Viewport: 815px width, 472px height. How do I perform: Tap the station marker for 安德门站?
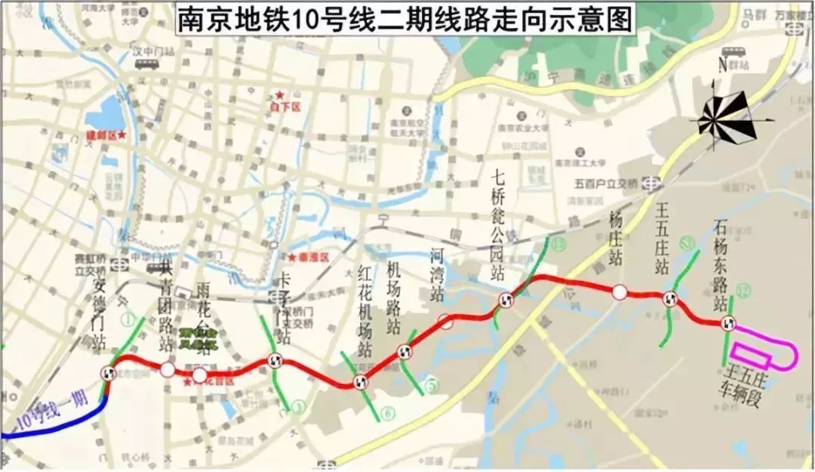click(109, 372)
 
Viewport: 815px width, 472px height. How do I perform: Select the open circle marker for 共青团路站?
click(167, 369)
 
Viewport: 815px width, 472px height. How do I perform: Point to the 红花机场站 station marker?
click(360, 382)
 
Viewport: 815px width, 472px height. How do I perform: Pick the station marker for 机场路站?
click(404, 351)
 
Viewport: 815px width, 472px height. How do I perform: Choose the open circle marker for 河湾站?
click(446, 322)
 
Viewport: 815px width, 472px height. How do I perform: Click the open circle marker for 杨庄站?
click(619, 292)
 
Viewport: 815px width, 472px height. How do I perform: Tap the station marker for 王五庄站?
click(669, 299)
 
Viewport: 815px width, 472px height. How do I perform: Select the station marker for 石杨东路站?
click(728, 324)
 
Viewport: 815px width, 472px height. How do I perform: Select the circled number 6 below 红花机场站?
click(387, 412)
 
